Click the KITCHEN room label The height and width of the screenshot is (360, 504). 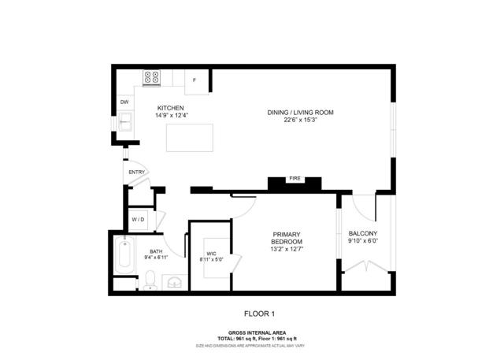click(x=171, y=107)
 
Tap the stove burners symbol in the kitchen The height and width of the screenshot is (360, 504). click(x=151, y=77)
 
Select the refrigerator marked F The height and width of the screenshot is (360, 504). click(x=195, y=80)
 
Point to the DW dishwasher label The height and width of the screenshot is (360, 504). click(x=124, y=102)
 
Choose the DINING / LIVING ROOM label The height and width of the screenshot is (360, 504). click(x=300, y=113)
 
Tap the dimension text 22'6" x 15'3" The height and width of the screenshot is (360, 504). click(x=300, y=121)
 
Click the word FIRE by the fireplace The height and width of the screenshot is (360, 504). click(x=295, y=179)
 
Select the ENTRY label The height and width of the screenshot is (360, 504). click(x=137, y=173)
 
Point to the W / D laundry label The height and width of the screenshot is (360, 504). click(x=138, y=219)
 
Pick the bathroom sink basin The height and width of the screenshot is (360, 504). click(x=175, y=282)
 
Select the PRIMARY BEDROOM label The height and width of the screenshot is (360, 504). click(x=287, y=238)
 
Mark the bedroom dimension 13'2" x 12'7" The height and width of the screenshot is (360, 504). click(x=287, y=250)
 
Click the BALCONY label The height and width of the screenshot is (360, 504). click(x=363, y=233)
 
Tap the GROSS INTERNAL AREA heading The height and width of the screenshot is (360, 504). click(x=252, y=332)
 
